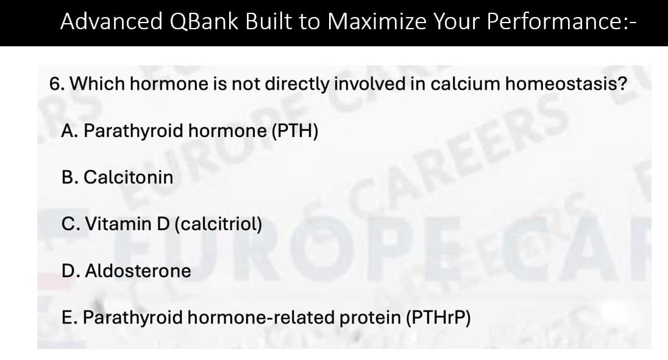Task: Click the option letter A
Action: [x=68, y=131]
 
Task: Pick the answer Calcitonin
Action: [x=128, y=177]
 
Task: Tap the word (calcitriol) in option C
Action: [x=218, y=224]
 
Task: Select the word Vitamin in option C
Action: [x=116, y=224]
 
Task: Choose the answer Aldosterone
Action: [x=137, y=270]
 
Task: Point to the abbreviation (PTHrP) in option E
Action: [x=438, y=317]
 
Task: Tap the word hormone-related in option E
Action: [x=261, y=317]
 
